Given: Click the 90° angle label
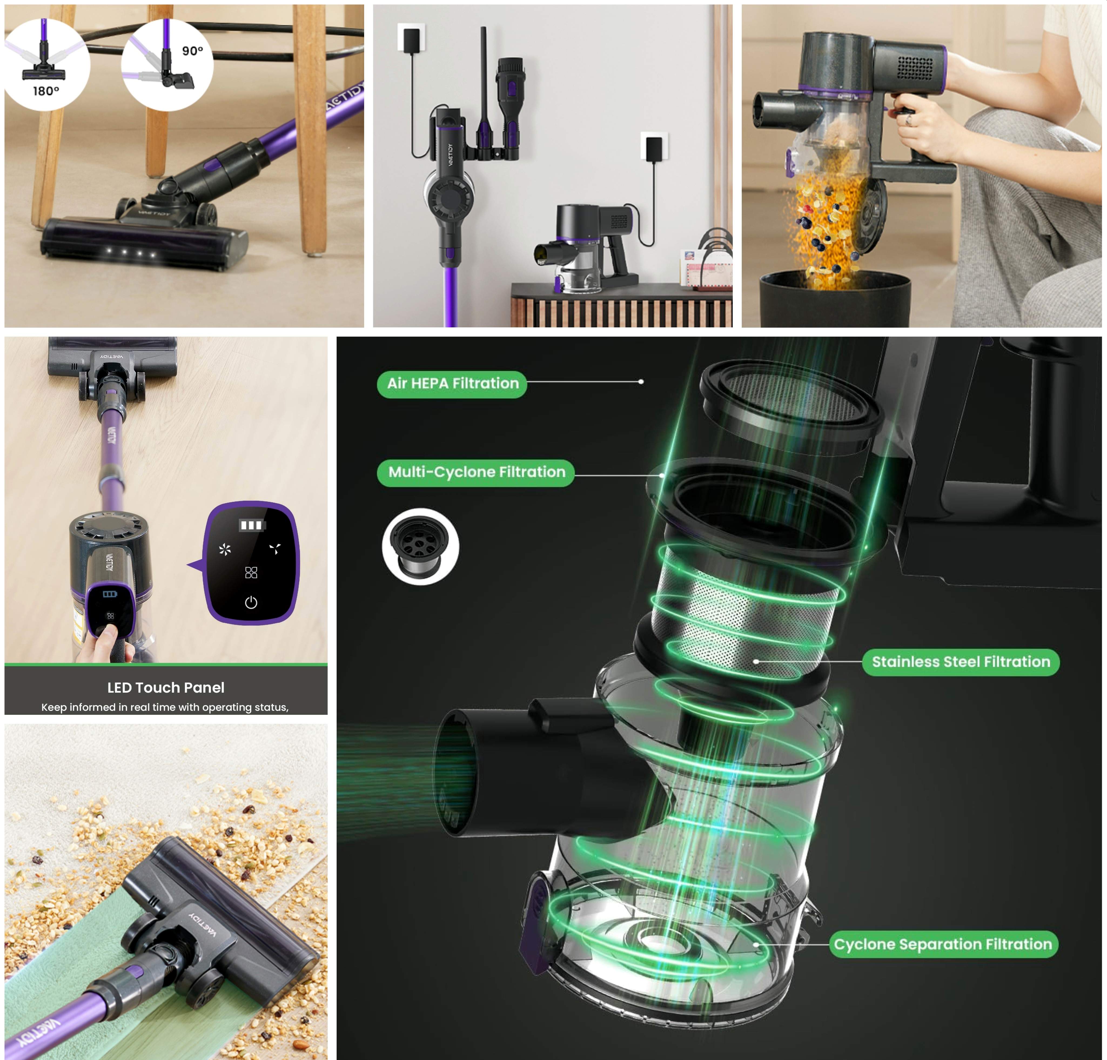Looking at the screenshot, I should click(192, 51).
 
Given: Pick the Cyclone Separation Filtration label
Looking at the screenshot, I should click(943, 944).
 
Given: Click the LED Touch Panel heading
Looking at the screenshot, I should click(166, 687).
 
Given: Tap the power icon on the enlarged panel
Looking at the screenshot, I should click(251, 603).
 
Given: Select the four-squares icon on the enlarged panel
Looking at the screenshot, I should click(251, 573).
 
